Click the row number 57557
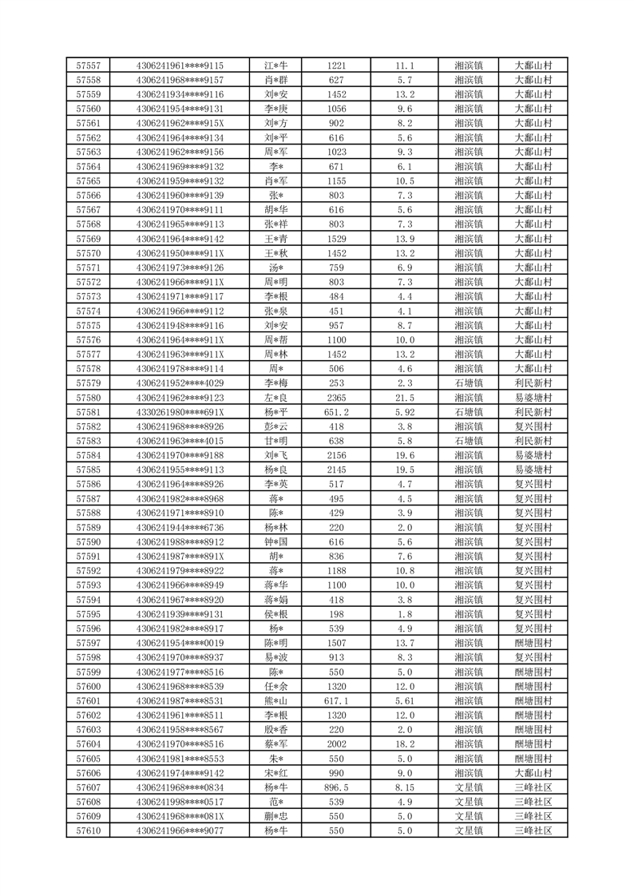pyautogui.click(x=88, y=65)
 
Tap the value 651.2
pyautogui.click(x=336, y=412)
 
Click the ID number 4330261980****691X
pyautogui.click(x=180, y=412)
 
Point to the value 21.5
pyautogui.click(x=405, y=398)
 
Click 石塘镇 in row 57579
pyautogui.click(x=469, y=383)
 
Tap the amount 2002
pyautogui.click(x=336, y=743)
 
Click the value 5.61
pyautogui.click(x=405, y=700)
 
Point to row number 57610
pyautogui.click(x=88, y=831)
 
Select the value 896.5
pyautogui.click(x=336, y=787)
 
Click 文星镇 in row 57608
pyautogui.click(x=469, y=802)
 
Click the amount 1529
pyautogui.click(x=336, y=239)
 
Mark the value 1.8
pyautogui.click(x=405, y=614)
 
